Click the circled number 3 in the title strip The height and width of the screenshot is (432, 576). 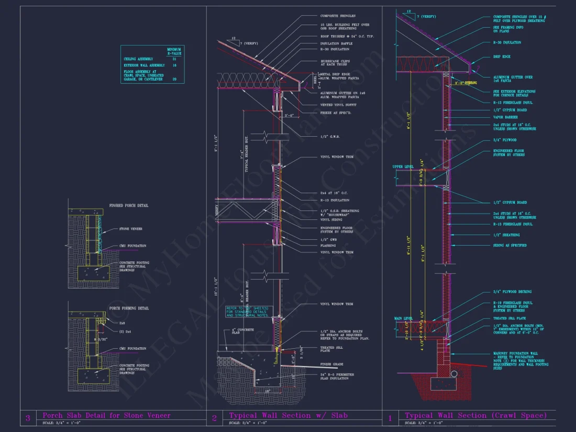(28, 418)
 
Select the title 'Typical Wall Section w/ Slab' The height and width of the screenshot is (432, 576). (289, 415)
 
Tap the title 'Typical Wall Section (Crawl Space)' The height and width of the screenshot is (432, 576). (475, 415)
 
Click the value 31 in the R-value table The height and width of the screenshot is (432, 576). (174, 59)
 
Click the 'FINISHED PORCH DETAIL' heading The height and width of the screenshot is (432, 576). (128, 205)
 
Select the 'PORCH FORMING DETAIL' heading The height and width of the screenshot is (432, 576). (128, 308)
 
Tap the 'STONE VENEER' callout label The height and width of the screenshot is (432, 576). (131, 229)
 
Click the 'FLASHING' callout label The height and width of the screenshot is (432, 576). (328, 245)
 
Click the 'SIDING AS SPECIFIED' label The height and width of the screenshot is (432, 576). (510, 245)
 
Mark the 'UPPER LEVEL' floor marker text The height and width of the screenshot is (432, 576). (403, 167)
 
